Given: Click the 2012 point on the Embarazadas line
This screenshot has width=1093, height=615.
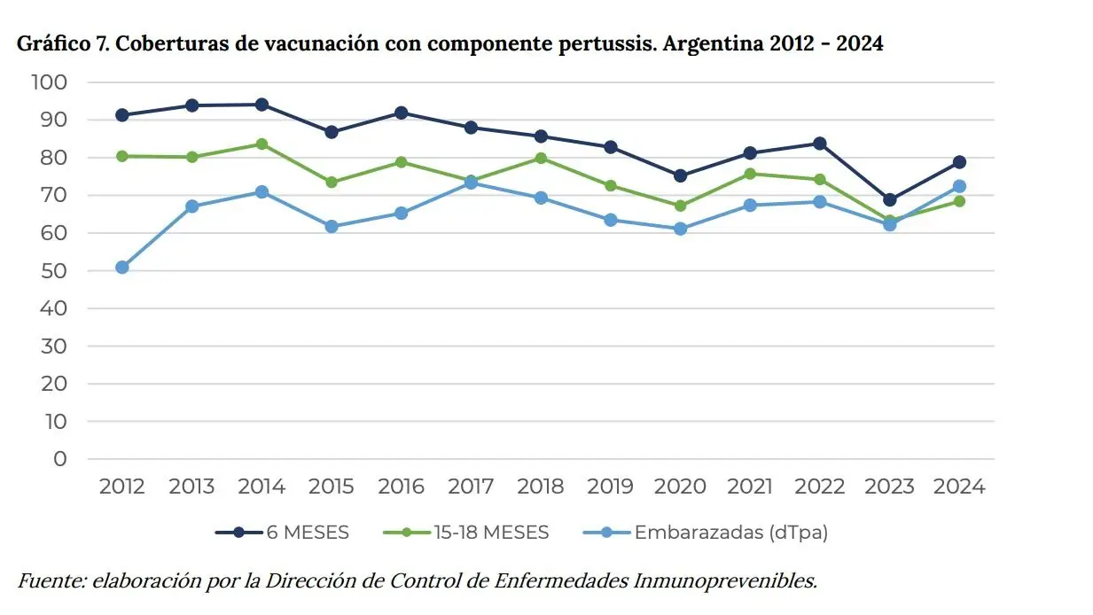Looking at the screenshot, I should click(x=122, y=267).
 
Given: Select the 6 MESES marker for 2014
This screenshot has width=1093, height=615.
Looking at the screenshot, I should click(x=262, y=105).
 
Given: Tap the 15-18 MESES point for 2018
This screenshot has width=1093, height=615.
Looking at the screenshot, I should click(x=541, y=159).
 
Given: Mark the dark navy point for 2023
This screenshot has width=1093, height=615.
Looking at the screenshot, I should click(x=889, y=199).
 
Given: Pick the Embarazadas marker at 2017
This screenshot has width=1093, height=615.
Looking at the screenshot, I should click(x=471, y=183).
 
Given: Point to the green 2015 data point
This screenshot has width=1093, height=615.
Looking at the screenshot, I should click(x=332, y=182).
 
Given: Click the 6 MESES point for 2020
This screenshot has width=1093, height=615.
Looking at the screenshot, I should click(x=681, y=175).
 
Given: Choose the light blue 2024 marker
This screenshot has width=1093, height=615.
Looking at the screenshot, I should click(x=959, y=186).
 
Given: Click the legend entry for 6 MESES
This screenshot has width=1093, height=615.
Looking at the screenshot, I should click(x=307, y=533).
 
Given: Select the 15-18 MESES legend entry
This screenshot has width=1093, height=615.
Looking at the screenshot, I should click(x=491, y=533).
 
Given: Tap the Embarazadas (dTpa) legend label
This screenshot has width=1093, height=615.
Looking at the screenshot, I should click(x=730, y=533).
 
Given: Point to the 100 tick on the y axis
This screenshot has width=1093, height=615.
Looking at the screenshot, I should click(x=50, y=82).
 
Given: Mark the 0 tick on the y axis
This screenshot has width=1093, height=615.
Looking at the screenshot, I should click(x=60, y=459).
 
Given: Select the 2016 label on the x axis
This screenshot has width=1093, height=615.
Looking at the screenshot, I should click(x=401, y=487).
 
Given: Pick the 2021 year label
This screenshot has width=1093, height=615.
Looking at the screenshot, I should click(x=750, y=487).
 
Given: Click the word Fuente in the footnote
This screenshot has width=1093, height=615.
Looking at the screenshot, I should click(x=50, y=581).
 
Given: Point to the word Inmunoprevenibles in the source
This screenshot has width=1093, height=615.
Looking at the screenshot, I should click(x=724, y=581).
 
